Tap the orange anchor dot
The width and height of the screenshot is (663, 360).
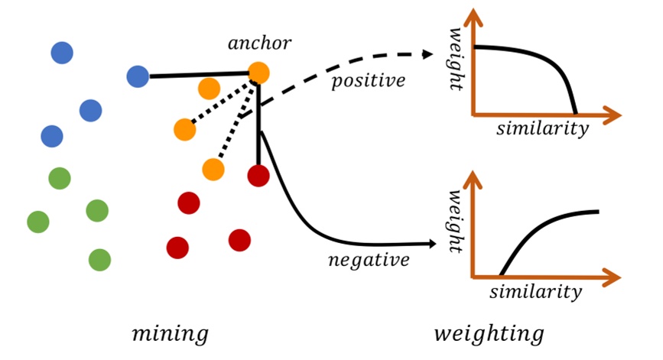(x=258, y=73)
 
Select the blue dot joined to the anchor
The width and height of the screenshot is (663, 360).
(x=138, y=76)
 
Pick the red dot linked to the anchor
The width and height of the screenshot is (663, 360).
(x=258, y=177)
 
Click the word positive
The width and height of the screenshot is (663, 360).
(x=368, y=81)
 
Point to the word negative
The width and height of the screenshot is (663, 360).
(x=369, y=259)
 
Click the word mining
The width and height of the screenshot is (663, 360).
(x=170, y=333)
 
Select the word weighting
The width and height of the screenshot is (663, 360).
(x=489, y=333)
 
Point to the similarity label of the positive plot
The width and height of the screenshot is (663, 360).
(x=542, y=128)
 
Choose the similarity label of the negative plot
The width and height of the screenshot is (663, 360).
(x=535, y=291)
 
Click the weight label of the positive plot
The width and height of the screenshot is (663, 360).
(x=460, y=58)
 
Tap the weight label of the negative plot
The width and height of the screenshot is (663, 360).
(x=460, y=222)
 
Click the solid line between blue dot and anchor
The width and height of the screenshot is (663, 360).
(x=199, y=76)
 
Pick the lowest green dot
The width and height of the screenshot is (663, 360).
(x=99, y=260)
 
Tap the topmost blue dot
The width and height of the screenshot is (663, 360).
(x=62, y=53)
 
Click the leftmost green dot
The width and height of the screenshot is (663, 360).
(x=38, y=222)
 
